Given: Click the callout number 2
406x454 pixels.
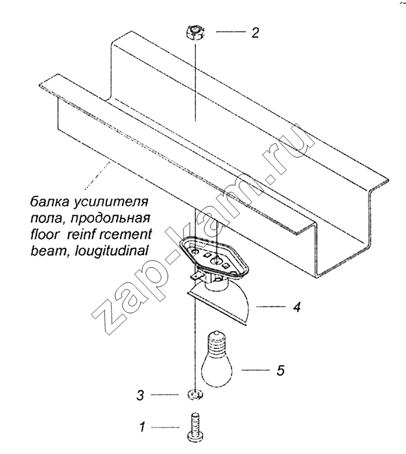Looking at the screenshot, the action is [255, 32].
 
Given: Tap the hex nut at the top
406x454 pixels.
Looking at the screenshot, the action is [195, 32].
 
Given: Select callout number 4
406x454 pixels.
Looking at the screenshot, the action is [296, 307].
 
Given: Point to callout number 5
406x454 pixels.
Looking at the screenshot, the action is [280, 370].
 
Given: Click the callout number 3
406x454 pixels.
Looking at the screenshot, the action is [140, 395].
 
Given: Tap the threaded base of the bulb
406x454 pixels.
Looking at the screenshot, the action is [217, 342].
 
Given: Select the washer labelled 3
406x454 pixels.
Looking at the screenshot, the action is [195, 394].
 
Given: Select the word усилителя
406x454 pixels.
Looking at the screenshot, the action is [111, 202].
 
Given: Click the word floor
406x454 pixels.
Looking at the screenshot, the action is [45, 234].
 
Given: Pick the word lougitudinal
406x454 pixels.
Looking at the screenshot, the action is [112, 251].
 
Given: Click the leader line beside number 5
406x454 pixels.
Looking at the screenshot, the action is [254, 370].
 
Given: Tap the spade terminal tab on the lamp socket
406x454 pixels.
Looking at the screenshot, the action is [196, 276].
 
